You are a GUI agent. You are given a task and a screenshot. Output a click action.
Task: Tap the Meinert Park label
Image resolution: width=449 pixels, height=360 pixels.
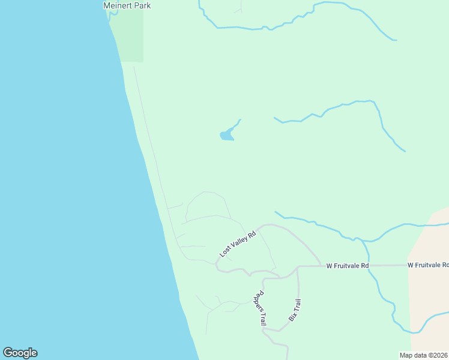coord(127,5)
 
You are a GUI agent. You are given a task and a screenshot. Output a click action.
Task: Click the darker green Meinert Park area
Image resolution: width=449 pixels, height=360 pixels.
coord(129,36)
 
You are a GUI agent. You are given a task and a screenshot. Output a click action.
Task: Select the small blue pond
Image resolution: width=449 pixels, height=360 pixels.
coord(226,136)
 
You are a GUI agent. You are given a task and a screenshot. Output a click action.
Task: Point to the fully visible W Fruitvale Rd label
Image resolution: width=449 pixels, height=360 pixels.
coord(348,265)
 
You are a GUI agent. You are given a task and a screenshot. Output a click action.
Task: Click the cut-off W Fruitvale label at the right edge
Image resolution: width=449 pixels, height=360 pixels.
coord(427,265)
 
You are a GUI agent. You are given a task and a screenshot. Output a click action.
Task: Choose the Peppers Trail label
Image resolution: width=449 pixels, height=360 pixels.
coord(259,308)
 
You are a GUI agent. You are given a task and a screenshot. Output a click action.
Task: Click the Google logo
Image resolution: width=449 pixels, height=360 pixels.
coord(20,353)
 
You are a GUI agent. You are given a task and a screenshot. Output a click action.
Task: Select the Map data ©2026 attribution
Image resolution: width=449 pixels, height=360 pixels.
coord(424,355)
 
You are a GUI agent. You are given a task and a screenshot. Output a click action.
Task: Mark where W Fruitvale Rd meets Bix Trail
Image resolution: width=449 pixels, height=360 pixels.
coord(298,266)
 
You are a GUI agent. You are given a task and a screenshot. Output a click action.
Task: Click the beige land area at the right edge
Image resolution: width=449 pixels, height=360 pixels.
coord(429,288)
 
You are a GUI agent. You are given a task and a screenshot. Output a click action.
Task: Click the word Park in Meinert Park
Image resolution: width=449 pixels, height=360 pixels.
coord(142,5)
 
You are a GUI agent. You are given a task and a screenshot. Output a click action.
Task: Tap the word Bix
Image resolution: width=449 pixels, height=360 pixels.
coord(291,316)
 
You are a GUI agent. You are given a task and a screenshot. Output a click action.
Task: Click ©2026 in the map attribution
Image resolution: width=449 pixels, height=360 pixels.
coord(438,355)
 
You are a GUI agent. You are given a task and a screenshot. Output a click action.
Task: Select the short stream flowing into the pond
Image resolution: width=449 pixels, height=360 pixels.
coord(235,124)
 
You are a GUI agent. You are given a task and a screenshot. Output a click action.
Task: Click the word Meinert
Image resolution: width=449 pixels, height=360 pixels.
coord(118,5)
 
